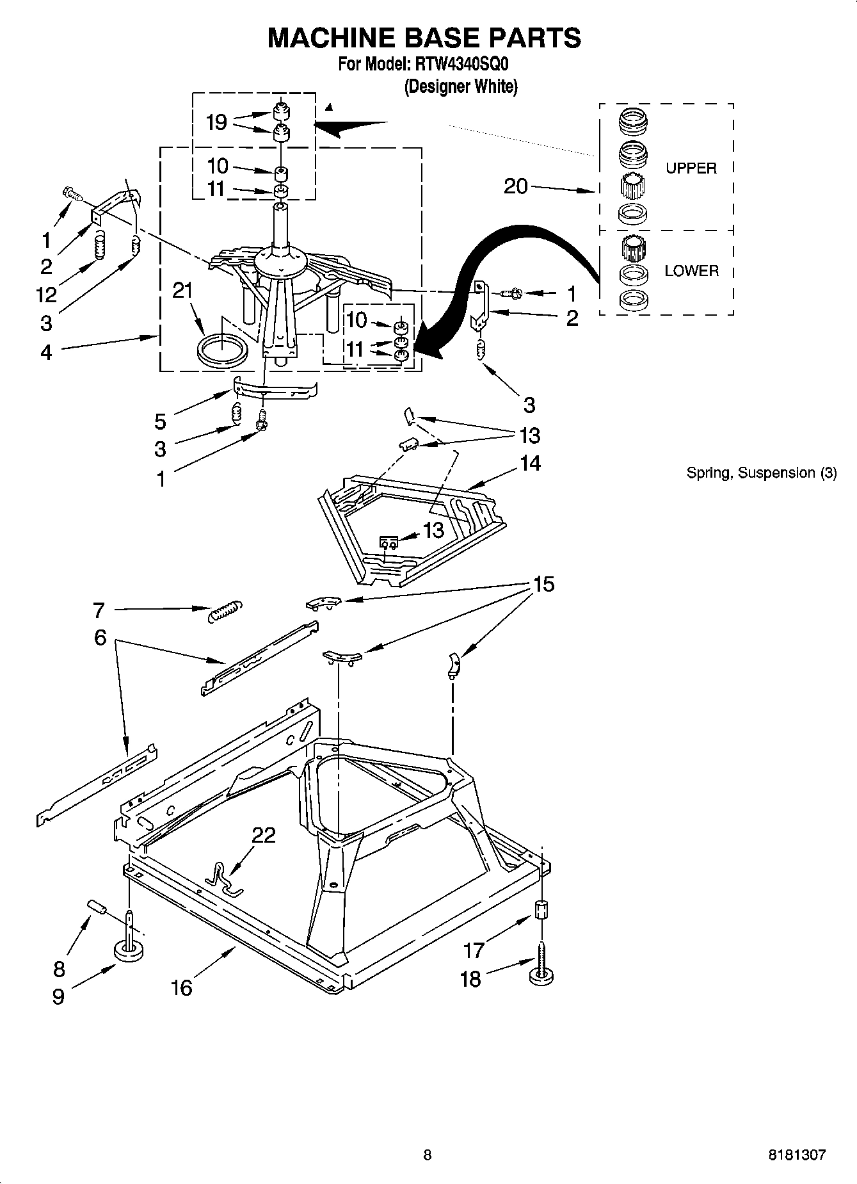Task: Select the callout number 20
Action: (516, 186)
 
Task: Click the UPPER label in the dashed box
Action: (691, 168)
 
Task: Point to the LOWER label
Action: (691, 271)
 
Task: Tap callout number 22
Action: (264, 835)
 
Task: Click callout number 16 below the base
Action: (182, 987)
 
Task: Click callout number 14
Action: (530, 463)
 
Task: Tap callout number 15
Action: (544, 585)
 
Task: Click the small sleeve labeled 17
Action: (541, 910)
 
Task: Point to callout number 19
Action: (217, 122)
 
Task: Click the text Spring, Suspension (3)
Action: (761, 473)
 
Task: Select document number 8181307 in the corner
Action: (796, 1155)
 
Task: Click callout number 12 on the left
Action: (46, 295)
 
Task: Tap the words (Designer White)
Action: (460, 86)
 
